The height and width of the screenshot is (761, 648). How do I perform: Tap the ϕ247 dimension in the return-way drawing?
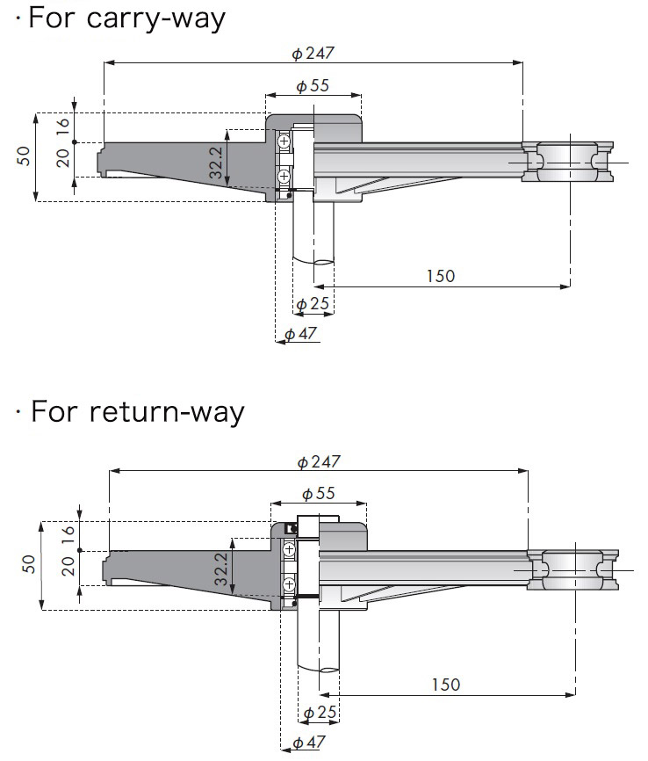click(318, 462)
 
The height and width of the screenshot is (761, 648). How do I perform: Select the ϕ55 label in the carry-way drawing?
click(313, 86)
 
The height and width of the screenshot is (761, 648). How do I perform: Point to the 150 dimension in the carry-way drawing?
click(441, 276)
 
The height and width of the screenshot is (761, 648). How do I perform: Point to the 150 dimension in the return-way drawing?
click(445, 685)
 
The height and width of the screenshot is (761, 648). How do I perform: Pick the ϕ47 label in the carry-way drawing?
click(301, 334)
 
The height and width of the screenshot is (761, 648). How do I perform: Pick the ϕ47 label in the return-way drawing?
click(308, 743)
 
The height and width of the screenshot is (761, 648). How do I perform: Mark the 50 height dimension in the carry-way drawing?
click(24, 156)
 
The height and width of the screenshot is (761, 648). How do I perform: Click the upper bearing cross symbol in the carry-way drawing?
click(284, 141)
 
